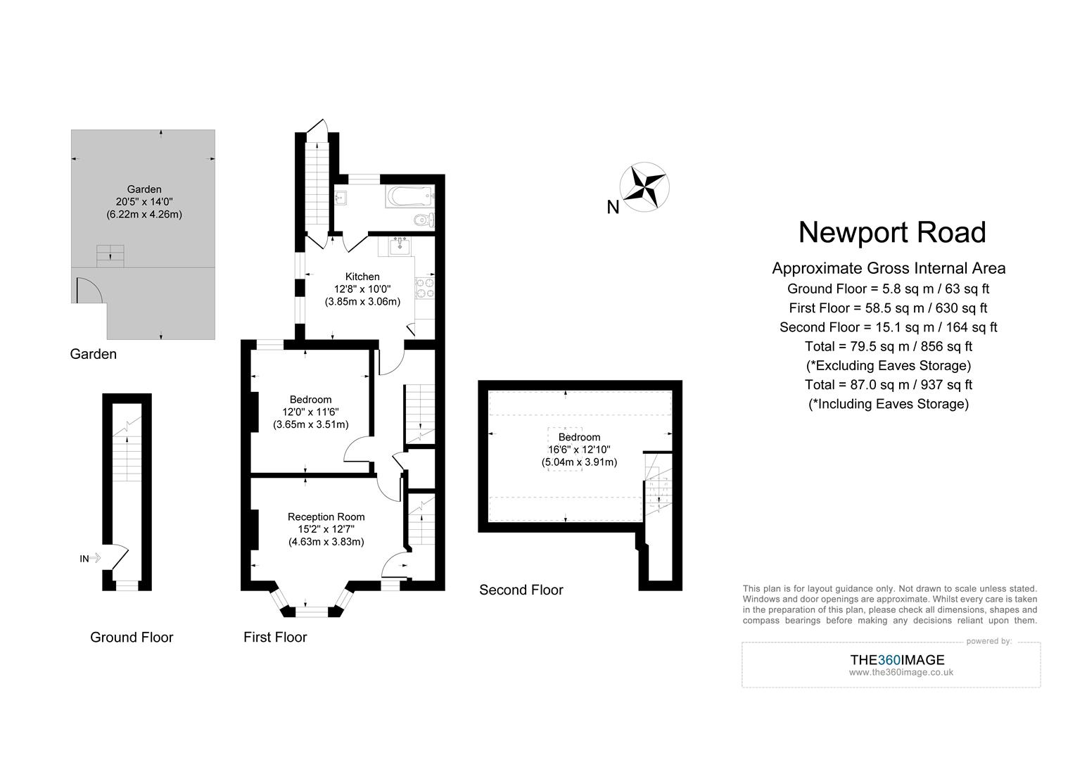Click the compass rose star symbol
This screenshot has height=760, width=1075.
(644, 187)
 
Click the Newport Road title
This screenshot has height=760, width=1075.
(891, 232)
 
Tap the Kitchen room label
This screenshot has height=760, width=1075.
(362, 277)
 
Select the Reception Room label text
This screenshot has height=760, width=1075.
(326, 517)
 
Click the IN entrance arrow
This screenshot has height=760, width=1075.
(90, 558)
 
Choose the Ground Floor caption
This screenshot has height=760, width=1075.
(132, 637)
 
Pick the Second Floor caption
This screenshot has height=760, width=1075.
(521, 590)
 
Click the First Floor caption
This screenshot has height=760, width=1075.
(275, 637)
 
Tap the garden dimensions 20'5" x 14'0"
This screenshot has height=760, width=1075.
(144, 201)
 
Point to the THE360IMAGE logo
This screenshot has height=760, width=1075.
(897, 659)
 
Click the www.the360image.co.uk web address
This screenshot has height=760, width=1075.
(901, 672)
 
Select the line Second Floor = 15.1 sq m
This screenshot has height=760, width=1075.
(888, 327)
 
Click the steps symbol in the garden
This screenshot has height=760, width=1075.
(111, 255)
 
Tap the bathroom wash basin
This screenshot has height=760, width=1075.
(343, 197)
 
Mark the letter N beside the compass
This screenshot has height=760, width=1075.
(613, 207)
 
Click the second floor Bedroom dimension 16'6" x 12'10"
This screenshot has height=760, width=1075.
(579, 450)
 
